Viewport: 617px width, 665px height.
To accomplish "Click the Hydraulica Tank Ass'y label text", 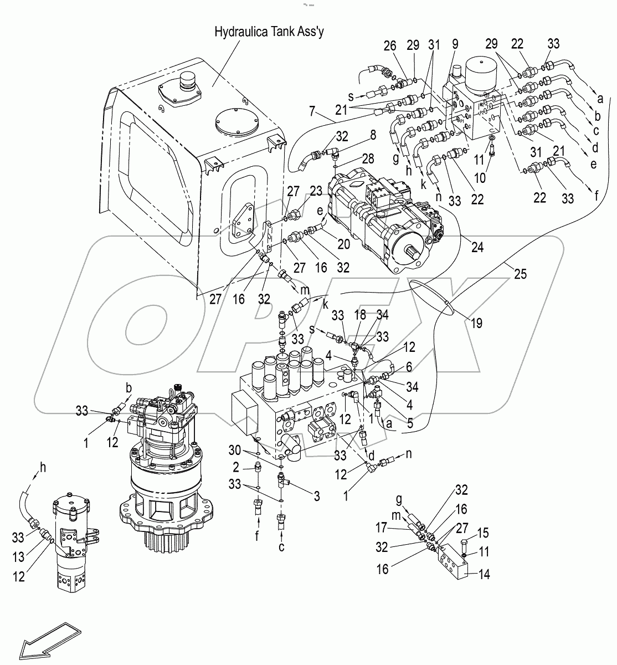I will click(x=269, y=32).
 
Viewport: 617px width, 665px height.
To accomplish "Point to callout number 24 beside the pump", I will click(x=477, y=248).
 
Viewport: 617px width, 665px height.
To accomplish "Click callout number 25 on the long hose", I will click(x=520, y=273).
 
